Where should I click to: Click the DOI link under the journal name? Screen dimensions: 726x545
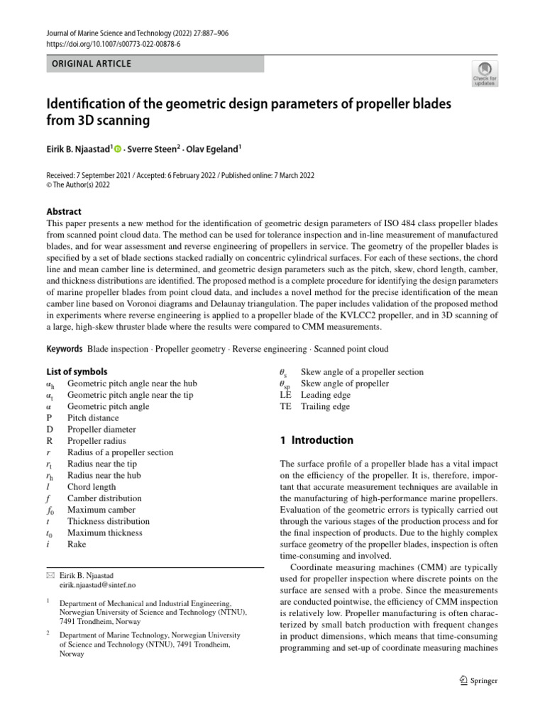click(113, 43)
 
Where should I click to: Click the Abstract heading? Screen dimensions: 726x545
click(64, 211)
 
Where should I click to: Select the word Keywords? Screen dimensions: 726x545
click(64, 350)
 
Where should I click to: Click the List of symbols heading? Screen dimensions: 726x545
click(77, 372)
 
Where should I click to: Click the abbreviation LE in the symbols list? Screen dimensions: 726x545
click(286, 395)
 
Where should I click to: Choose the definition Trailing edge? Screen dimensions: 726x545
click(325, 406)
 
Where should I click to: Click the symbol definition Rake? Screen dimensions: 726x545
click(77, 544)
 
